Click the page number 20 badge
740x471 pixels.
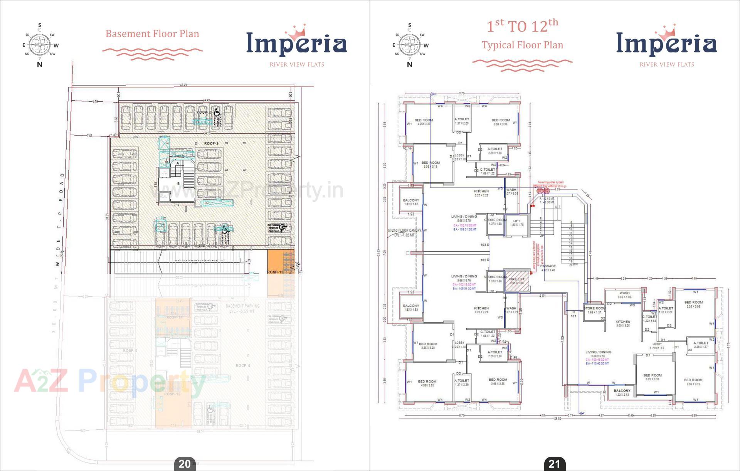pyautogui.click(x=185, y=464)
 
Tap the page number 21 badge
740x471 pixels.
pyautogui.click(x=554, y=464)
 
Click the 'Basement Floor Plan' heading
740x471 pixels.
pyautogui.click(x=152, y=34)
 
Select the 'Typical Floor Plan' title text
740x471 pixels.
pyautogui.click(x=522, y=45)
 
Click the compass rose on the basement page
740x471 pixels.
pyautogui.click(x=39, y=45)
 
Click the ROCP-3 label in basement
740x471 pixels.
pyautogui.click(x=211, y=143)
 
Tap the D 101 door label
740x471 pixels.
pyautogui.click(x=573, y=314)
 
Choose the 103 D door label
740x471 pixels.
pyautogui.click(x=485, y=245)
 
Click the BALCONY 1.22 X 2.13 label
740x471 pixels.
pyautogui.click(x=622, y=392)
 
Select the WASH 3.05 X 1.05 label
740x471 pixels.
pyautogui.click(x=624, y=295)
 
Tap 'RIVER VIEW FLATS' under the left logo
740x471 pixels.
pyautogui.click(x=297, y=64)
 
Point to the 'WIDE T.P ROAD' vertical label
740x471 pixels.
pyautogui.click(x=60, y=220)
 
